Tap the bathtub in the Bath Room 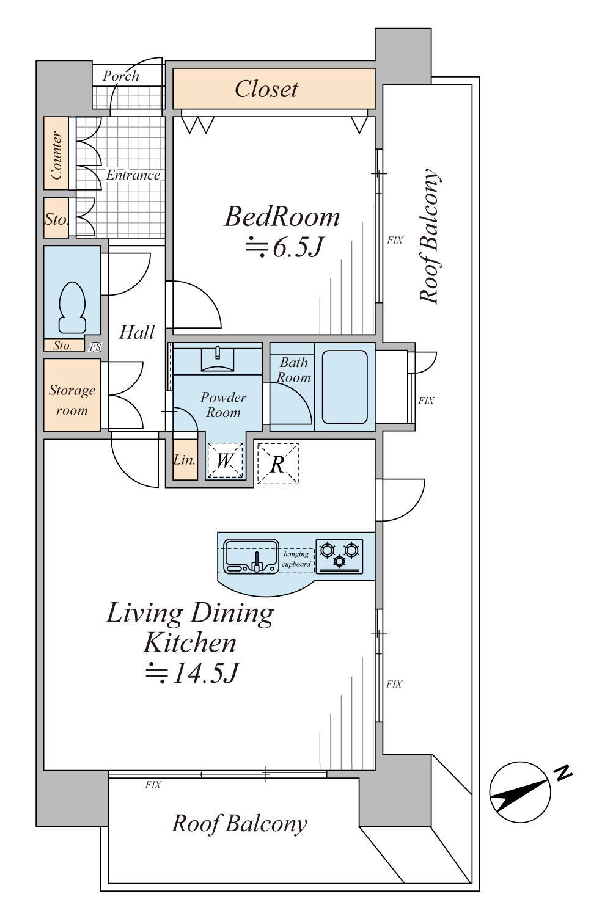pos(345,387)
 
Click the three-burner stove pos(339,556)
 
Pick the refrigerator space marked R pos(277,463)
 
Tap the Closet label pos(266,89)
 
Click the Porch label pos(121,76)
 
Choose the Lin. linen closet pos(185,460)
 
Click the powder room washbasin pos(218,358)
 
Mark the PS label pos(95,347)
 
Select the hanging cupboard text pos(296,559)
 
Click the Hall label pos(137,332)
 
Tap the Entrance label pos(133,175)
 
